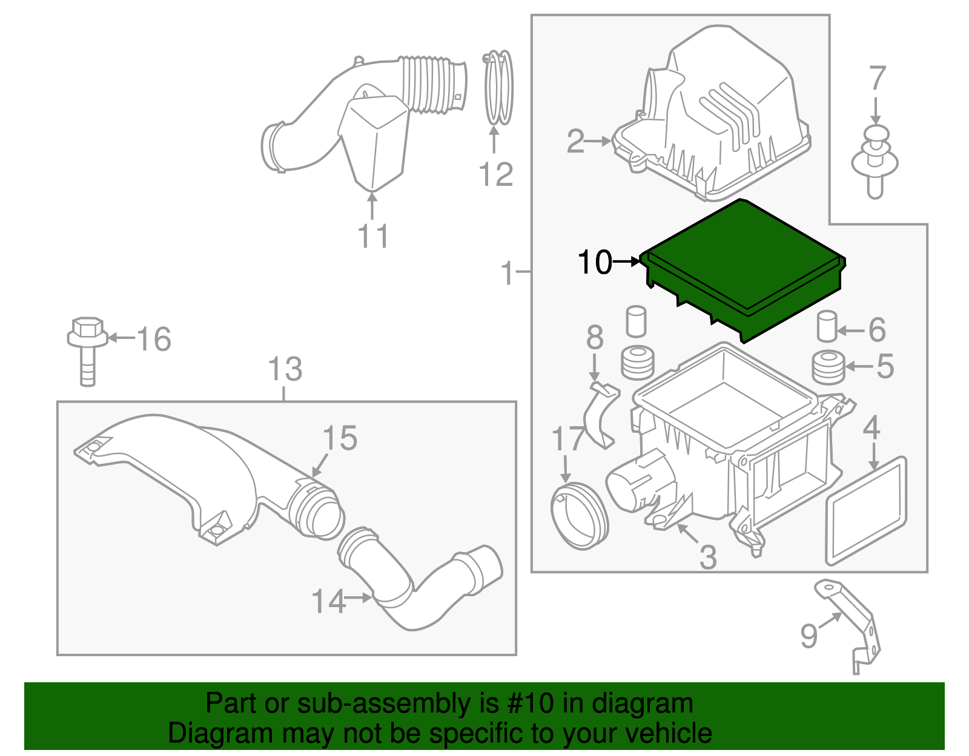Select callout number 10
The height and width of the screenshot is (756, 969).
pyautogui.click(x=595, y=263)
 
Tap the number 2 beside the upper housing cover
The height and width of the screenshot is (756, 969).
pyautogui.click(x=575, y=142)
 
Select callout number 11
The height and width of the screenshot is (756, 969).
pyautogui.click(x=372, y=236)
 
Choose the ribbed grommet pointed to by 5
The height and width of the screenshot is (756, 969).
pyautogui.click(x=828, y=367)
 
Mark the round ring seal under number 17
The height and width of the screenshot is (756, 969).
pyautogui.click(x=579, y=515)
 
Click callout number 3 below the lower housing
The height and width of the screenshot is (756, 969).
pyautogui.click(x=707, y=557)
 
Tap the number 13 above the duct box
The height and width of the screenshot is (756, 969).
pyautogui.click(x=285, y=369)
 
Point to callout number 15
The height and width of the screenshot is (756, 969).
pyautogui.click(x=340, y=438)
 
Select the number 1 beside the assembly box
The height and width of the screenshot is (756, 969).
pyautogui.click(x=508, y=273)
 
